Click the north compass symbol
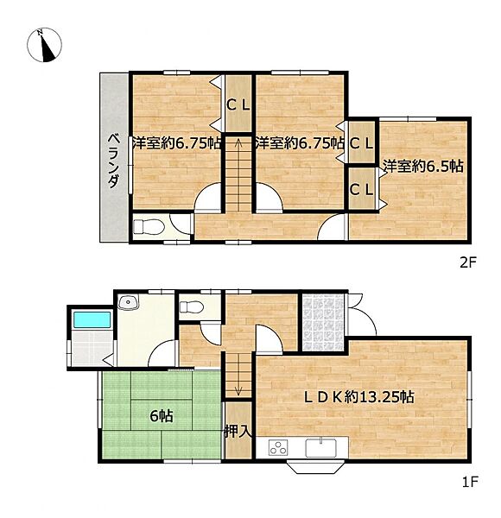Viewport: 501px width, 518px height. click(44, 45)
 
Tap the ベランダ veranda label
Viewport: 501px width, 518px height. click(114, 161)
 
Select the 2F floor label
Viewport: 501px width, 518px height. click(468, 263)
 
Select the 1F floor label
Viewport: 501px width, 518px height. click(470, 483)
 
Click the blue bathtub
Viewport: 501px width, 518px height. click(92, 319)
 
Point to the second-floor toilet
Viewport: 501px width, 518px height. click(148, 227)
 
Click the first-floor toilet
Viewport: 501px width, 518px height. click(191, 307)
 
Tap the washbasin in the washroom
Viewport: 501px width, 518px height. click(129, 301)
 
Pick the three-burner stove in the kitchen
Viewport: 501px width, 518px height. click(278, 447)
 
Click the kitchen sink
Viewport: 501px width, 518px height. click(320, 447)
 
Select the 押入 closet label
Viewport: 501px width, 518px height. click(238, 432)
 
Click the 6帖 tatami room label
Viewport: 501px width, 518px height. click(162, 416)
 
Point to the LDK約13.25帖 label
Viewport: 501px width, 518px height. click(358, 396)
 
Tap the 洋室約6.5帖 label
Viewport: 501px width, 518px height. click(422, 166)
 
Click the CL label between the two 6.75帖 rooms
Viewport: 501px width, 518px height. click(238, 105)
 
